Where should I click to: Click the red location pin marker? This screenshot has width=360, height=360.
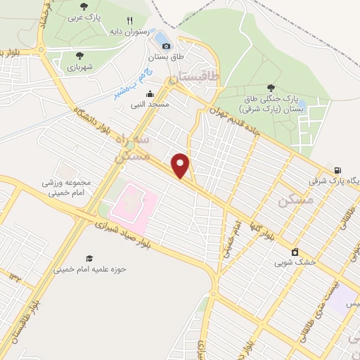coord(181,165)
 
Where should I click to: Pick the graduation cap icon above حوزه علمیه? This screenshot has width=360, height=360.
coord(89,259)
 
